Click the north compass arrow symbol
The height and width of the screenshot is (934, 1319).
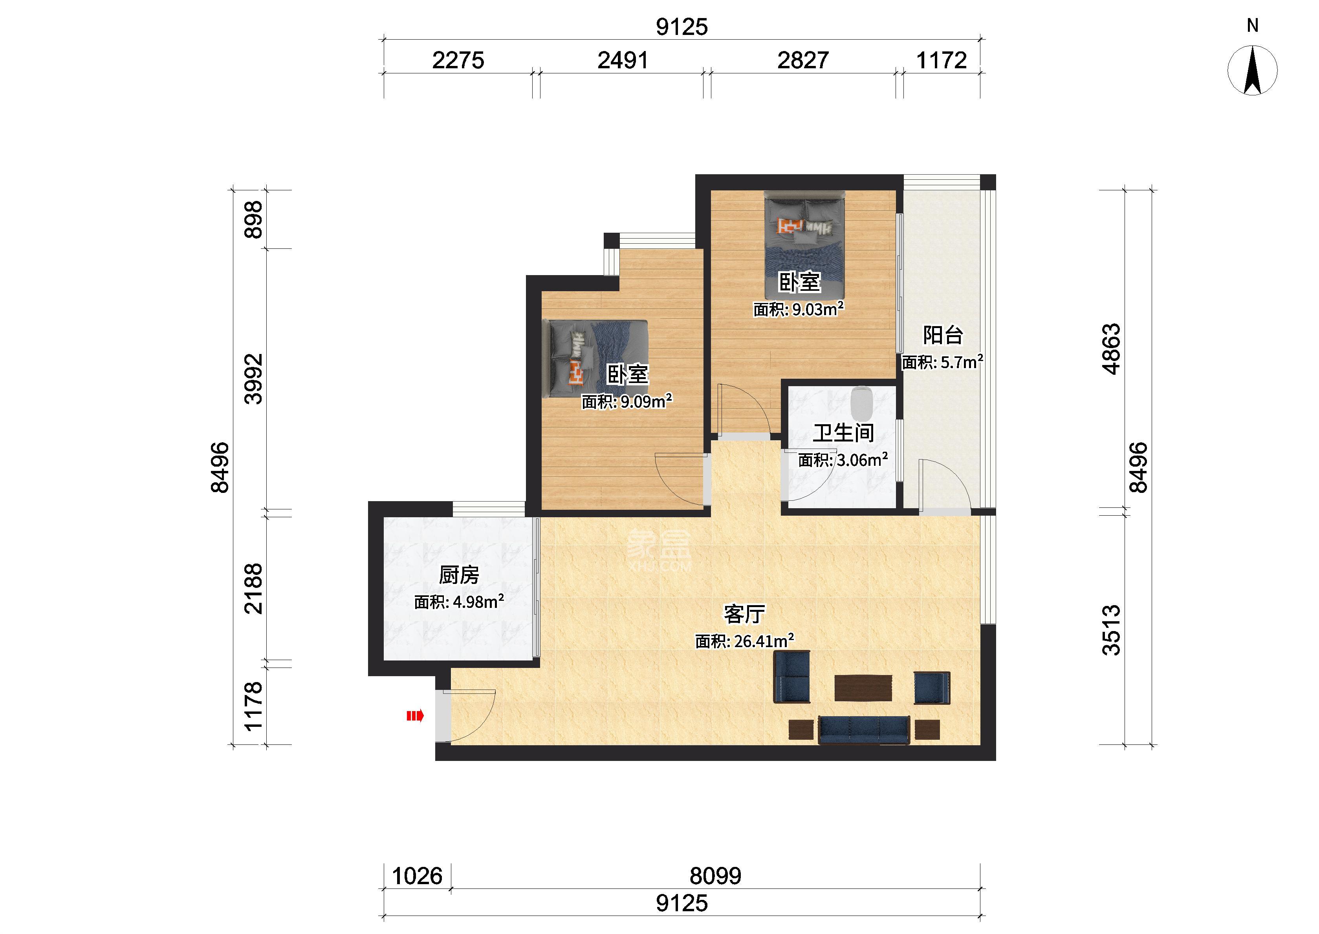point(1252,70)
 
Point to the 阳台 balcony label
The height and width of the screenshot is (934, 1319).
point(943,335)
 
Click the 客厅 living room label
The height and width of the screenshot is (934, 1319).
point(744,614)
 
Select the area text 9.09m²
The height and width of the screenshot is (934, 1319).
point(646,401)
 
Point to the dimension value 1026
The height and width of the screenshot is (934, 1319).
point(417,876)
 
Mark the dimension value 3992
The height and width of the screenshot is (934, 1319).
point(253,379)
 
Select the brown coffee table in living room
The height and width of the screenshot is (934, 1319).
point(863,688)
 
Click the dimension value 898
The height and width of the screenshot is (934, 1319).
point(253,220)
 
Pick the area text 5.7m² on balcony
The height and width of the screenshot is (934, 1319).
point(962,362)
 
